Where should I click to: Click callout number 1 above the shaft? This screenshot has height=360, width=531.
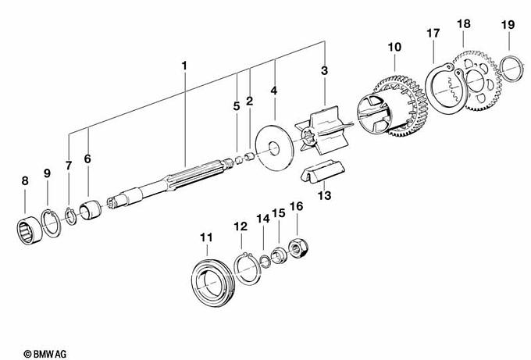coord(184,66)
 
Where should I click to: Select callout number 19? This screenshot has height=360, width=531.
coord(508,26)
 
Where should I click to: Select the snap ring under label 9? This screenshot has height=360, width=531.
coord(52,223)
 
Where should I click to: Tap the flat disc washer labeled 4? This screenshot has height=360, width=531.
coord(274,148)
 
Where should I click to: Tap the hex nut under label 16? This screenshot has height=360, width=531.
coord(297,248)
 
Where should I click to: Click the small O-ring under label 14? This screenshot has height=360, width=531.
coord(265,261)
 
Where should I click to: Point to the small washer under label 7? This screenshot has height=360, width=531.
coord(69,216)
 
